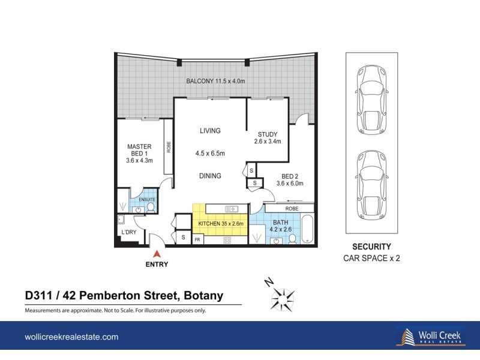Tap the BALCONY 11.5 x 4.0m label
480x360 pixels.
point(215,81)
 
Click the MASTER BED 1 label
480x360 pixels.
point(139,153)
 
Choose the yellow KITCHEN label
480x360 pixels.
point(220,224)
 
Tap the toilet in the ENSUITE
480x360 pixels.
point(151,208)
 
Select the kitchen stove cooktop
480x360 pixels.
point(227,240)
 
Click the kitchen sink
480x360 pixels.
point(231,208)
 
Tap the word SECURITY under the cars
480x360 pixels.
point(371,247)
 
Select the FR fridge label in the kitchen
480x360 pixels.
point(197,240)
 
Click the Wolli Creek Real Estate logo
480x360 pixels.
point(430,337)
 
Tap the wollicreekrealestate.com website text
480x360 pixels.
point(71,337)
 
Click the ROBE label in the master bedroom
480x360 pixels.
point(169,147)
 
